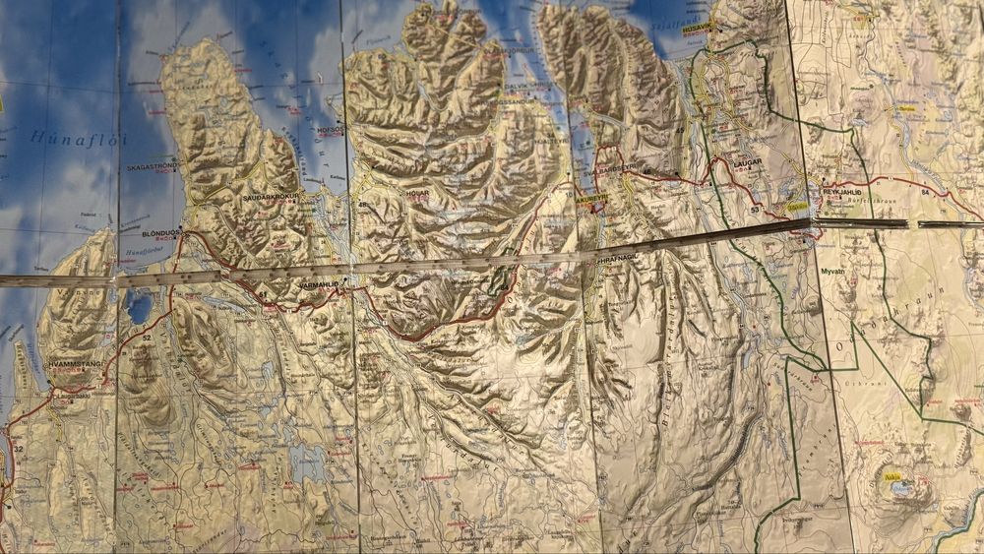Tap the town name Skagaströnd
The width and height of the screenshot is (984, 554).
pyautogui.click(x=150, y=167)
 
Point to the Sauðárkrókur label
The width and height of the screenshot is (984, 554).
pyautogui.click(x=274, y=198)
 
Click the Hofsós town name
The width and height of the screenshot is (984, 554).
pyautogui.click(x=329, y=129)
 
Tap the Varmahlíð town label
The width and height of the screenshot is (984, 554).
pyautogui.click(x=318, y=284)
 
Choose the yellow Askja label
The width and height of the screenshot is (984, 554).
pyautogui.click(x=892, y=478)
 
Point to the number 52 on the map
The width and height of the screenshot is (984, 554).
pyautogui.click(x=147, y=338)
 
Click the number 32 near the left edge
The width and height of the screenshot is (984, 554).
pyautogui.click(x=18, y=449)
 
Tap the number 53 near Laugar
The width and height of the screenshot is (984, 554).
pyautogui.click(x=754, y=210)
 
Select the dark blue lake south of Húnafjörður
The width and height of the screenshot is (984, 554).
pyautogui.click(x=140, y=308)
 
